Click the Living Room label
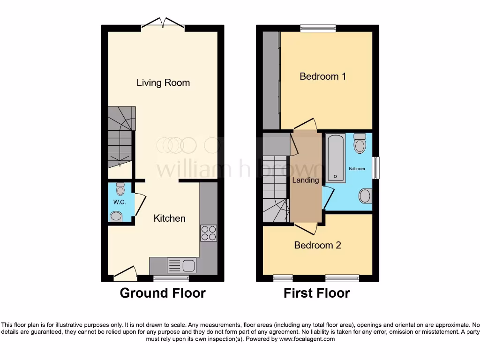pos(163,83)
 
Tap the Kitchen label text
pos(170,218)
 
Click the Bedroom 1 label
pos(322,76)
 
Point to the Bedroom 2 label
pos(317,245)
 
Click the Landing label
pos(306,180)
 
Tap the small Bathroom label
pos(356,169)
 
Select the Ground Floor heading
pos(163,293)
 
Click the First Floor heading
pos(317,293)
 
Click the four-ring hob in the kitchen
pos(209,233)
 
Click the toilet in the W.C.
pos(120,189)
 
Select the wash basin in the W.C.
pos(115,216)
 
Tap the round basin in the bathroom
pos(364,195)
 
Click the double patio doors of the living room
pos(163,23)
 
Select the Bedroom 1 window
pos(318,29)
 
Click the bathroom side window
pos(375,168)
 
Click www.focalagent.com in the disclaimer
pos(307,339)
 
